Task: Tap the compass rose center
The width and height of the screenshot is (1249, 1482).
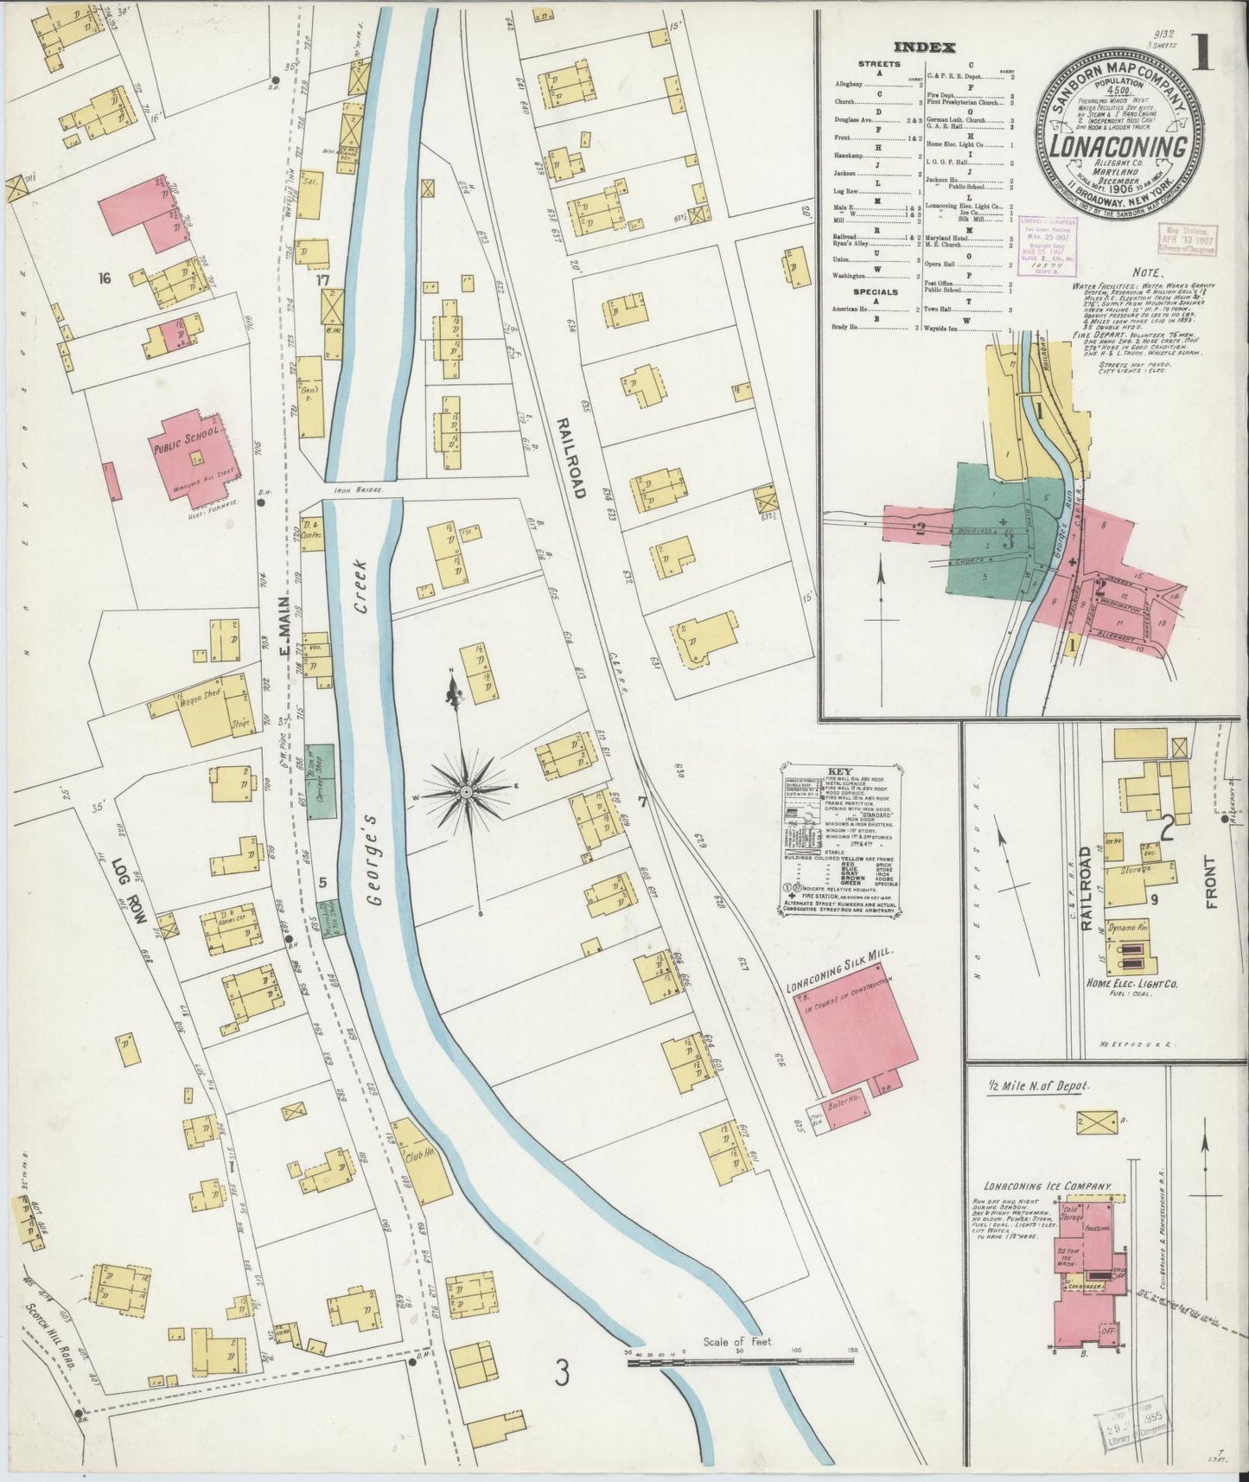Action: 467,791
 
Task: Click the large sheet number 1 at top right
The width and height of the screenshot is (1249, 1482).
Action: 1201,55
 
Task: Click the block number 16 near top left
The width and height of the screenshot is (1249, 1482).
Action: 105,278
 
